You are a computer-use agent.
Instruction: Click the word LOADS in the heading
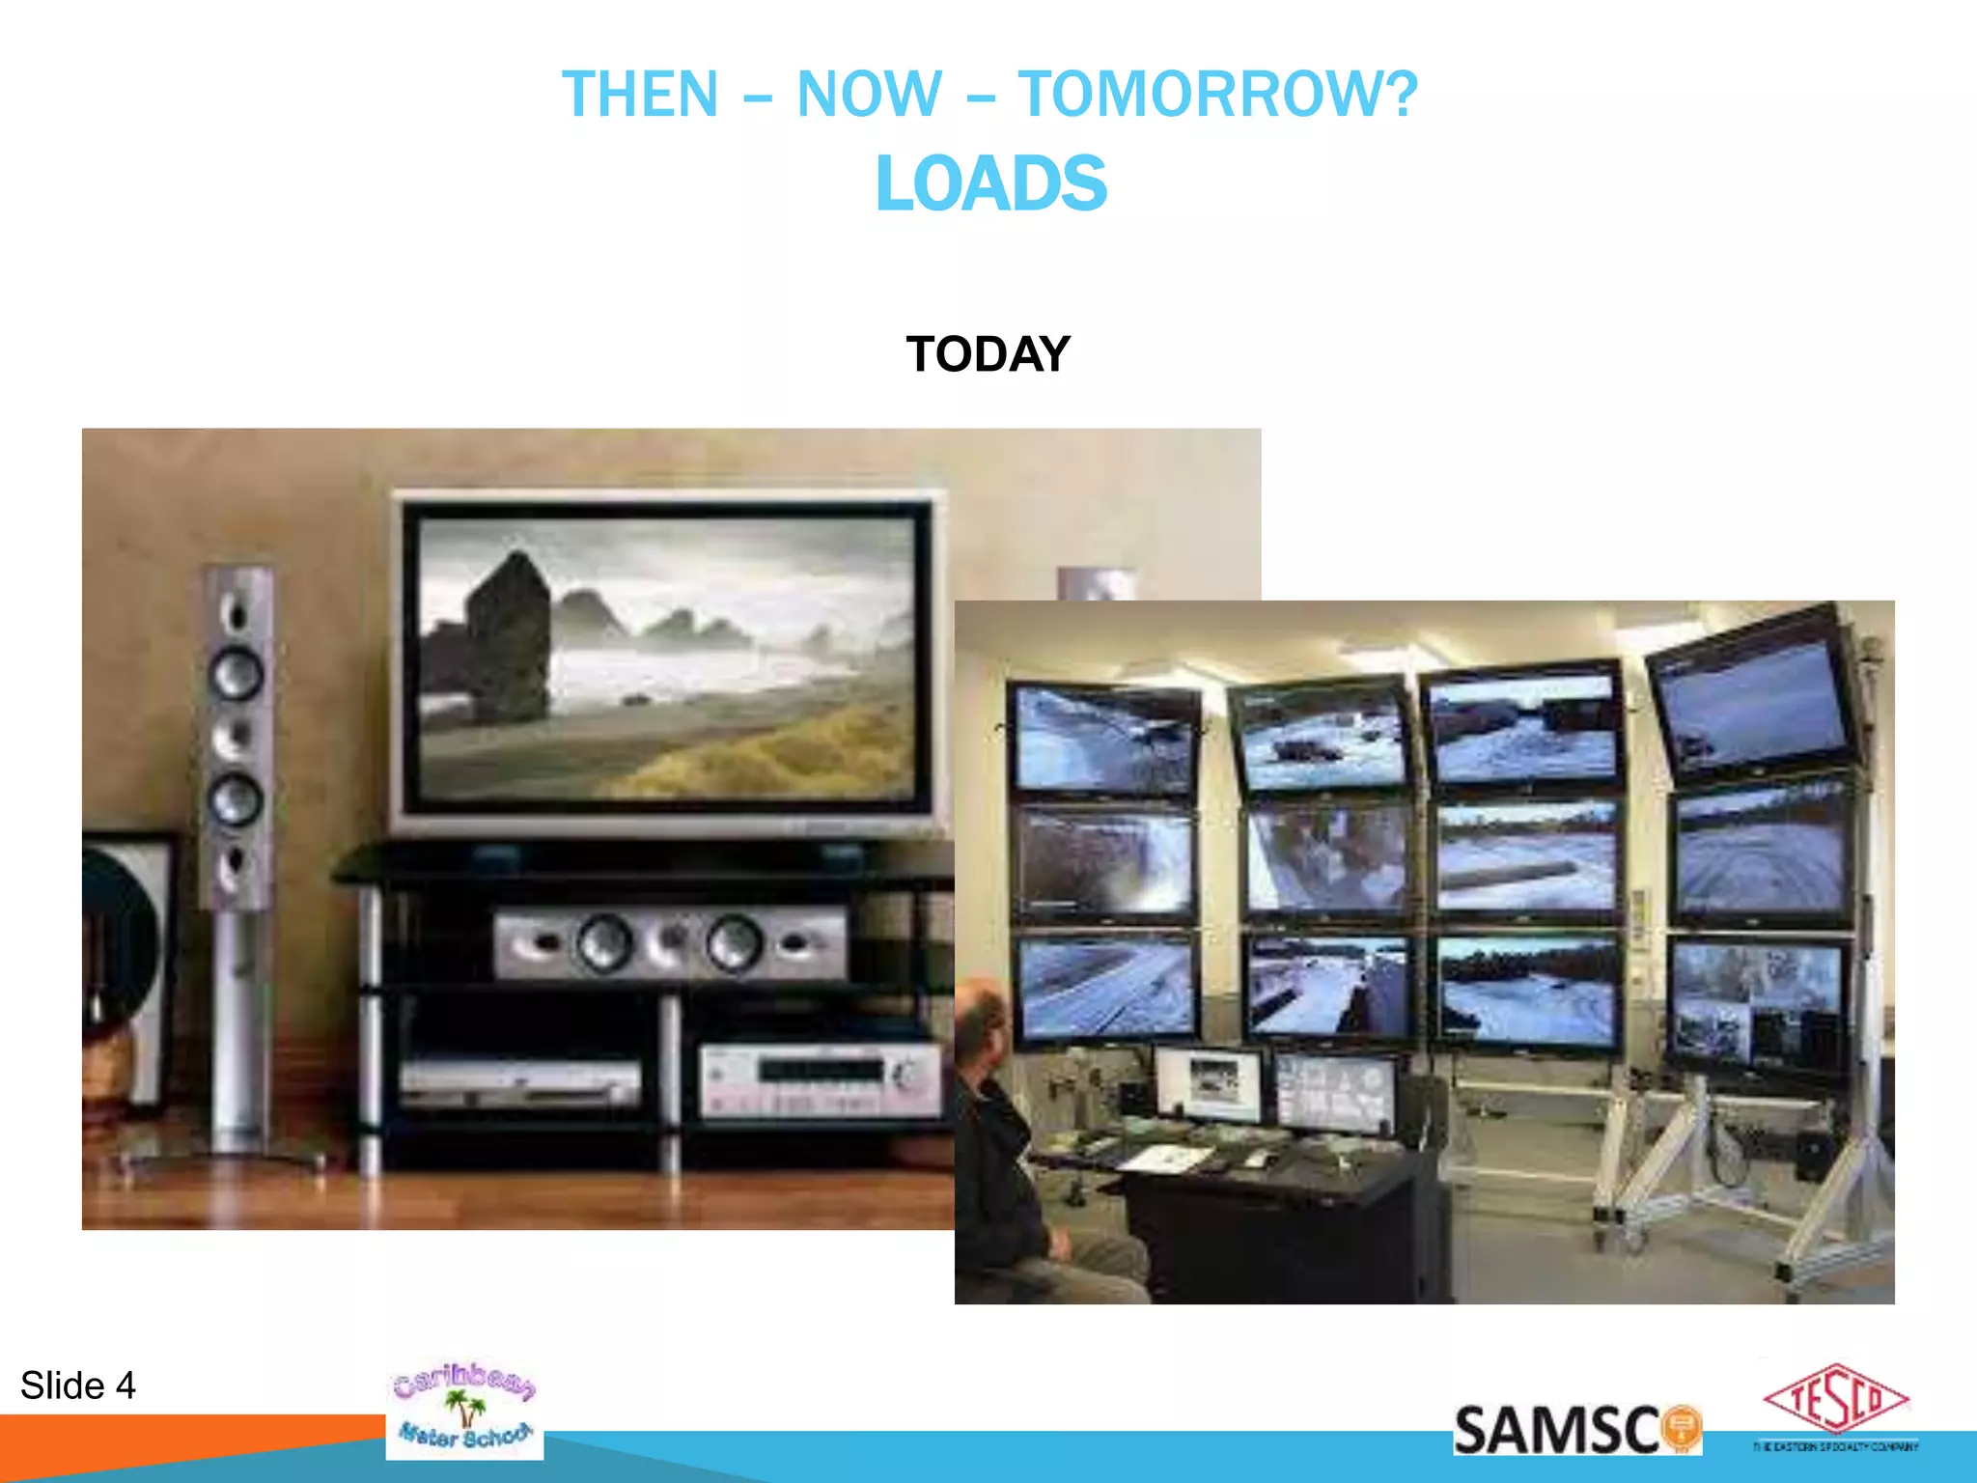[x=990, y=183]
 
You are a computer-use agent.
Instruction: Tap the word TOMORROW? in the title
[x=1218, y=95]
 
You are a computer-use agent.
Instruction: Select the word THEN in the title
[x=640, y=95]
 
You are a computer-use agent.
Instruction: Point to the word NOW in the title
[x=869, y=95]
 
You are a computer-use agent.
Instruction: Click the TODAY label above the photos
[x=988, y=353]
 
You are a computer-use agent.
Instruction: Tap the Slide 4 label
[x=78, y=1385]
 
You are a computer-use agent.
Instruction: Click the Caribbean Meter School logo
[x=464, y=1409]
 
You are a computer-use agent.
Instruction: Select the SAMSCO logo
[x=1576, y=1430]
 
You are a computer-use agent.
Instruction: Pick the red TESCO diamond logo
[x=1836, y=1399]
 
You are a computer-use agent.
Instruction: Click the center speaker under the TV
[x=669, y=943]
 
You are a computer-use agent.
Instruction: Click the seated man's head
[x=981, y=1024]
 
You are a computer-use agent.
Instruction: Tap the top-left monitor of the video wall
[x=1104, y=739]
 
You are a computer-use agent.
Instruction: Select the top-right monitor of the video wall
[x=1753, y=693]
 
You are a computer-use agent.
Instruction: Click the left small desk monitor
[x=1209, y=1083]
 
